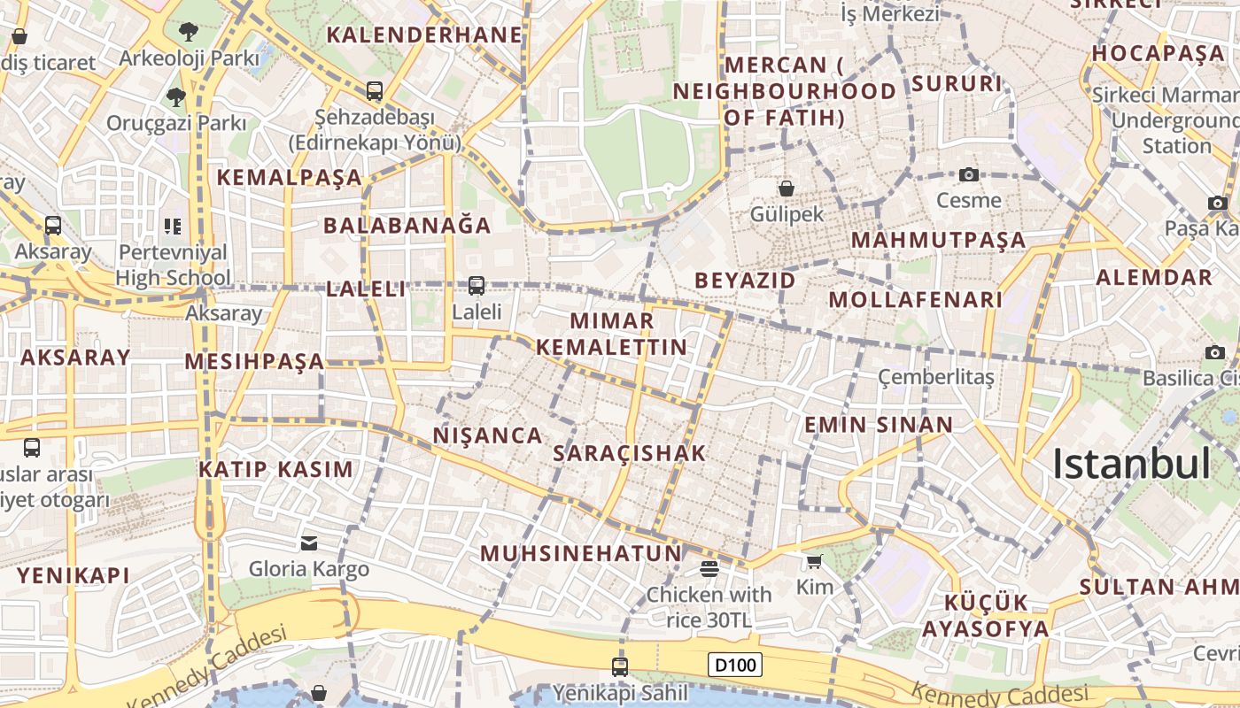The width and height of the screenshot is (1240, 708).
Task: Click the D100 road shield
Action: (x=735, y=664)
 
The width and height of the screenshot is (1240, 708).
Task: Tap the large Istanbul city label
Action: (x=1131, y=465)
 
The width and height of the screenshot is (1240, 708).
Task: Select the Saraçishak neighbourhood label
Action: (x=629, y=453)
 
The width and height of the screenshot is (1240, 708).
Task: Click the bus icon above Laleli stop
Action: (x=477, y=285)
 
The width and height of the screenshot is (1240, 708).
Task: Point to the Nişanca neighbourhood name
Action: (x=487, y=435)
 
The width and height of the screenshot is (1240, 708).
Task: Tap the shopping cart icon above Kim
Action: (x=815, y=560)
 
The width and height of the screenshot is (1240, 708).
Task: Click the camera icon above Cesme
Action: (x=969, y=174)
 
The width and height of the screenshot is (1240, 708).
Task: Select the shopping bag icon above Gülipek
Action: (x=786, y=188)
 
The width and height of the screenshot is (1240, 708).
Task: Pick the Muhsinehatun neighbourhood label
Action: (x=581, y=554)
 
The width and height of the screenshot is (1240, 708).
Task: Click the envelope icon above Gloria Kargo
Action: (x=309, y=543)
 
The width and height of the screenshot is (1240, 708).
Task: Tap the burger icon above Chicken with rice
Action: (x=709, y=568)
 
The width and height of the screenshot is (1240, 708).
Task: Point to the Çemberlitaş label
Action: (x=935, y=378)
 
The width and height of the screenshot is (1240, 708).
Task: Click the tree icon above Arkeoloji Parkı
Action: (x=188, y=33)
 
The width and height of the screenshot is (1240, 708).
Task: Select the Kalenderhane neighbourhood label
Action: (x=425, y=35)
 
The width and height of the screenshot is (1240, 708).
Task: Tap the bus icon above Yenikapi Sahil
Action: (x=620, y=666)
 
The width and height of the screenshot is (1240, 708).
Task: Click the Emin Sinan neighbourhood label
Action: (x=878, y=425)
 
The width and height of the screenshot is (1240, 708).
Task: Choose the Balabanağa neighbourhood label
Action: (x=407, y=225)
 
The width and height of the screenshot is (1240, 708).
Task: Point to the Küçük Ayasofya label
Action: (x=986, y=616)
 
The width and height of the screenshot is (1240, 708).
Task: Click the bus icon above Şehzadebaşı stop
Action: (x=375, y=90)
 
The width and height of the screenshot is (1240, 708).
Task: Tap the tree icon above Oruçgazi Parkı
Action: (x=176, y=96)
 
